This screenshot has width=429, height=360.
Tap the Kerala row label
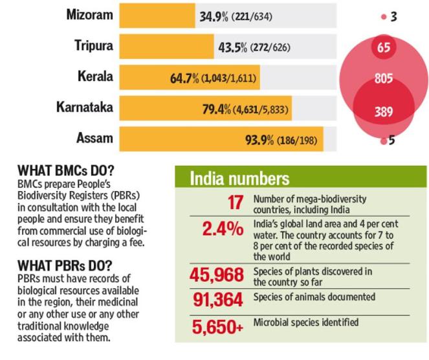click(x=94, y=76)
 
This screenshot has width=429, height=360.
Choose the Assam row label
click(x=94, y=137)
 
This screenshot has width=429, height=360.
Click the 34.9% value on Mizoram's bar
click(x=214, y=16)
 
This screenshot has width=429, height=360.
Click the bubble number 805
click(x=384, y=79)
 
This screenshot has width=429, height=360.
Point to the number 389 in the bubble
click(x=384, y=111)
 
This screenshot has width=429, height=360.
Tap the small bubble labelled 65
click(x=384, y=48)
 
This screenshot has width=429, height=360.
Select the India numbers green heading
click(x=239, y=179)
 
